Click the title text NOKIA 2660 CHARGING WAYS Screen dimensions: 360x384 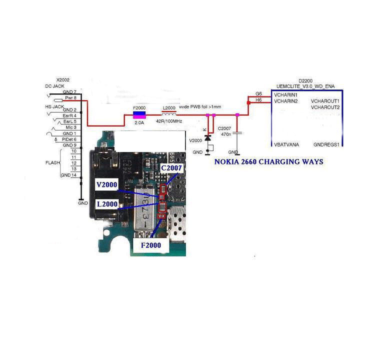268,162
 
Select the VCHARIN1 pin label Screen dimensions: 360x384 286,95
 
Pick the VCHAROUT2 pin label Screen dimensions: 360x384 325,107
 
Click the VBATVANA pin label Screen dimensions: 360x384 286,144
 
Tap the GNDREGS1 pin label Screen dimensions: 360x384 326,144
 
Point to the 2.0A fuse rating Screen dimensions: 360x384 139,122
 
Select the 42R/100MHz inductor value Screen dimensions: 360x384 169,122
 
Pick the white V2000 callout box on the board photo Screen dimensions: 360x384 107,185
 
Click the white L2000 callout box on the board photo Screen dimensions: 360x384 107,204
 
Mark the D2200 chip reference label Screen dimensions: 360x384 305,80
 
